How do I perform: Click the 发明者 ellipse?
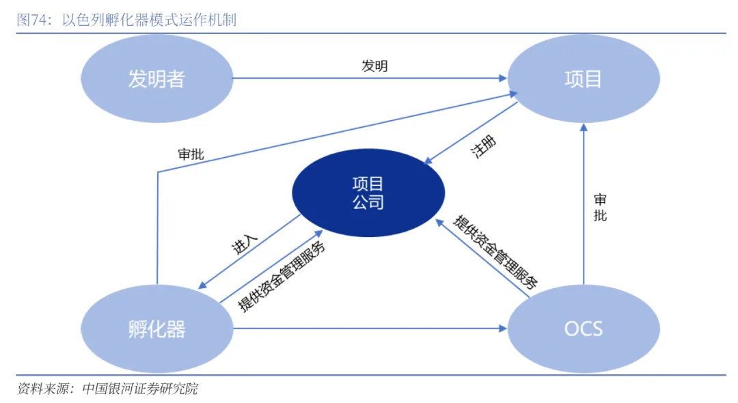pyautogui.click(x=156, y=79)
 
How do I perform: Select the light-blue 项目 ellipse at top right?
pyautogui.click(x=583, y=79)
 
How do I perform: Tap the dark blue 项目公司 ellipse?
pyautogui.click(x=368, y=193)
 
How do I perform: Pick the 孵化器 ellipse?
pyautogui.click(x=156, y=329)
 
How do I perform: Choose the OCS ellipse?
pyautogui.click(x=584, y=329)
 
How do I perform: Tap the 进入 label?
pyautogui.click(x=245, y=246)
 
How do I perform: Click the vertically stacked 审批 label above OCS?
pyautogui.click(x=600, y=208)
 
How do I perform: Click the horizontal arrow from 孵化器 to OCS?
pyautogui.click(x=369, y=329)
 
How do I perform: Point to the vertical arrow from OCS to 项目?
pyautogui.click(x=584, y=205)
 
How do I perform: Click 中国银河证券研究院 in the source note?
pyautogui.click(x=139, y=389)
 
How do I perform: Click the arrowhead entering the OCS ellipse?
pyautogui.click(x=502, y=329)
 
